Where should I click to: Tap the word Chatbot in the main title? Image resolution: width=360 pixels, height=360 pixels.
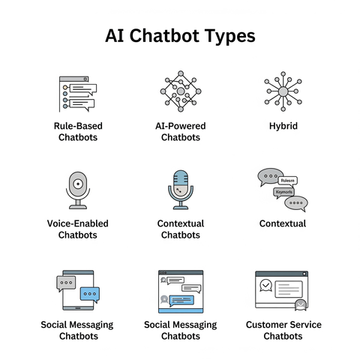click(164, 35)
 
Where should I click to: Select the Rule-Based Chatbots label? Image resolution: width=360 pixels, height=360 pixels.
click(78, 131)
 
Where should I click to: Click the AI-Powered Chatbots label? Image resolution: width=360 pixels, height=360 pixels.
click(181, 131)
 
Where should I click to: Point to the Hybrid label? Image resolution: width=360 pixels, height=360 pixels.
click(283, 126)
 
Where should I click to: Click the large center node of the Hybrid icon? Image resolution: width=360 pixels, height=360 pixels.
click(283, 91)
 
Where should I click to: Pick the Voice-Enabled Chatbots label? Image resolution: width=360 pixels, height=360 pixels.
click(78, 229)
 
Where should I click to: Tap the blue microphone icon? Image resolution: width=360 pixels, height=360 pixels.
click(181, 190)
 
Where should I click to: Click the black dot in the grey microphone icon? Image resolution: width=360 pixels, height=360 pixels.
click(78, 184)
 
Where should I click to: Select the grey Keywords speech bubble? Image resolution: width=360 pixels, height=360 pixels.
click(283, 193)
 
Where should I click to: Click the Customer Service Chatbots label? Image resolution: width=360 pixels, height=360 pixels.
click(283, 330)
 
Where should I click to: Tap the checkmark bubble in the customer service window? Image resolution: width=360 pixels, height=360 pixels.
click(265, 285)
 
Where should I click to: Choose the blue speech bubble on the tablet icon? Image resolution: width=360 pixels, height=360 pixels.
click(90, 294)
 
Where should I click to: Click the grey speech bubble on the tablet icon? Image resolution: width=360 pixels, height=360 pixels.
click(66, 283)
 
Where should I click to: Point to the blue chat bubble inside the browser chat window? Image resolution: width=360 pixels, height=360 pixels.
click(181, 301)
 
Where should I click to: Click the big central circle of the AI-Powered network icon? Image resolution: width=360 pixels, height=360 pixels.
click(181, 91)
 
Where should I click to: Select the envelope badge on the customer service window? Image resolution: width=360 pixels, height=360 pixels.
click(301, 304)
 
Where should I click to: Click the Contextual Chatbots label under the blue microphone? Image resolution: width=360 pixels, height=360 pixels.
click(181, 229)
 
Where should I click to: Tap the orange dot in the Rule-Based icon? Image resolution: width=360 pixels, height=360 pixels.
click(65, 88)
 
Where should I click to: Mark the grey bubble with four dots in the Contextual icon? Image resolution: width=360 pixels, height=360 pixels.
click(296, 203)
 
